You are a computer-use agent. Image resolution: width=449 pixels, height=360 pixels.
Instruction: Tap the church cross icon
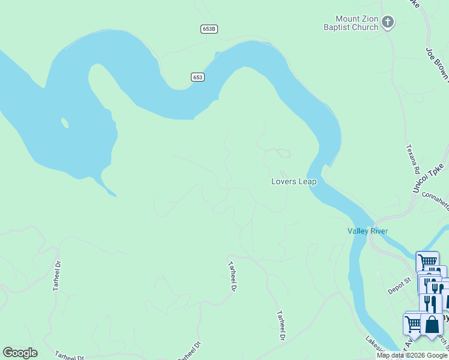[x=388, y=23]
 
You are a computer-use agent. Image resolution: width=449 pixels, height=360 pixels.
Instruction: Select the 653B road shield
[x=208, y=29]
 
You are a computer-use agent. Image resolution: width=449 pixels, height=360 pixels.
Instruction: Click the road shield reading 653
[x=198, y=77]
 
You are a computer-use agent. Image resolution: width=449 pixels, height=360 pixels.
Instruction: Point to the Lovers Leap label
[x=294, y=181]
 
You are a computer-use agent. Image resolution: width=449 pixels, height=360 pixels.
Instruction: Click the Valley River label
[x=367, y=231]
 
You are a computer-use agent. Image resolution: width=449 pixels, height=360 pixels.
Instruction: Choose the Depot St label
[x=399, y=286]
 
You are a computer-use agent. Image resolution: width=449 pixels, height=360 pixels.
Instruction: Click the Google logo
[x=20, y=353]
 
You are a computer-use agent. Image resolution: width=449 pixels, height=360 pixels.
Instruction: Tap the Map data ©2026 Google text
[x=412, y=355]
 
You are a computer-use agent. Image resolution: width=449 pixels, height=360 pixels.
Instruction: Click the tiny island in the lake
[x=64, y=123]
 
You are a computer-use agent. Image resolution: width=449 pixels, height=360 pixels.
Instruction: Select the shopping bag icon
[x=432, y=325]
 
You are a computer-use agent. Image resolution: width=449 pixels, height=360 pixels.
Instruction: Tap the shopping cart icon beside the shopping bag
[x=414, y=323]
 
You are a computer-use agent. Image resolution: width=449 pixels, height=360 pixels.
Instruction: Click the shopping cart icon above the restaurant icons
[x=427, y=262]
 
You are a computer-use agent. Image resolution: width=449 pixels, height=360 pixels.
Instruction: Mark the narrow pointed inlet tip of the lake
[x=114, y=195]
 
